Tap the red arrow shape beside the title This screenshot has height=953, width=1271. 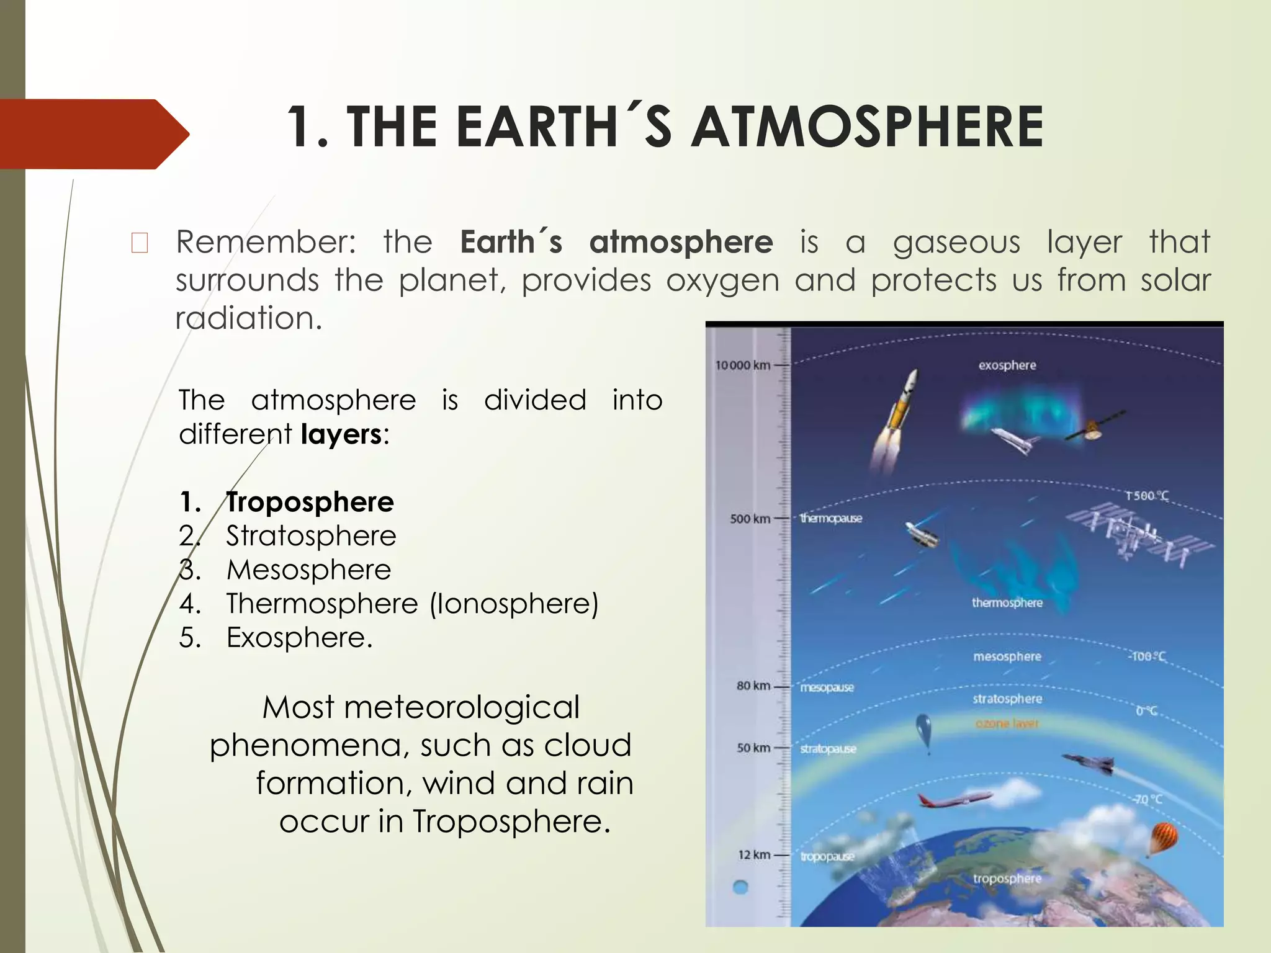click(x=93, y=134)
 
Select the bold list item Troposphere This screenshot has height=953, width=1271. click(x=310, y=502)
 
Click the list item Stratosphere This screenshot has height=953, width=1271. click(x=311, y=536)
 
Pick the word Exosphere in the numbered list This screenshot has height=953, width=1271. click(x=299, y=638)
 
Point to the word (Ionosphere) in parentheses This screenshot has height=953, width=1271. click(x=514, y=604)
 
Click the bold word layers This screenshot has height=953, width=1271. click(x=341, y=434)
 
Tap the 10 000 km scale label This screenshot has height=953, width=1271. click(x=742, y=365)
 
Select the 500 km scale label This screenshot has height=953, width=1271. click(x=749, y=519)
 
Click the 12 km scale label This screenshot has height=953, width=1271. click(x=753, y=855)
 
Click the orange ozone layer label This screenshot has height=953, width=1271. click(x=1007, y=724)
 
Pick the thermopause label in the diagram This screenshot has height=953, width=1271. click(x=831, y=519)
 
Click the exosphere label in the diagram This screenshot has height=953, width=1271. click(x=1007, y=365)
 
